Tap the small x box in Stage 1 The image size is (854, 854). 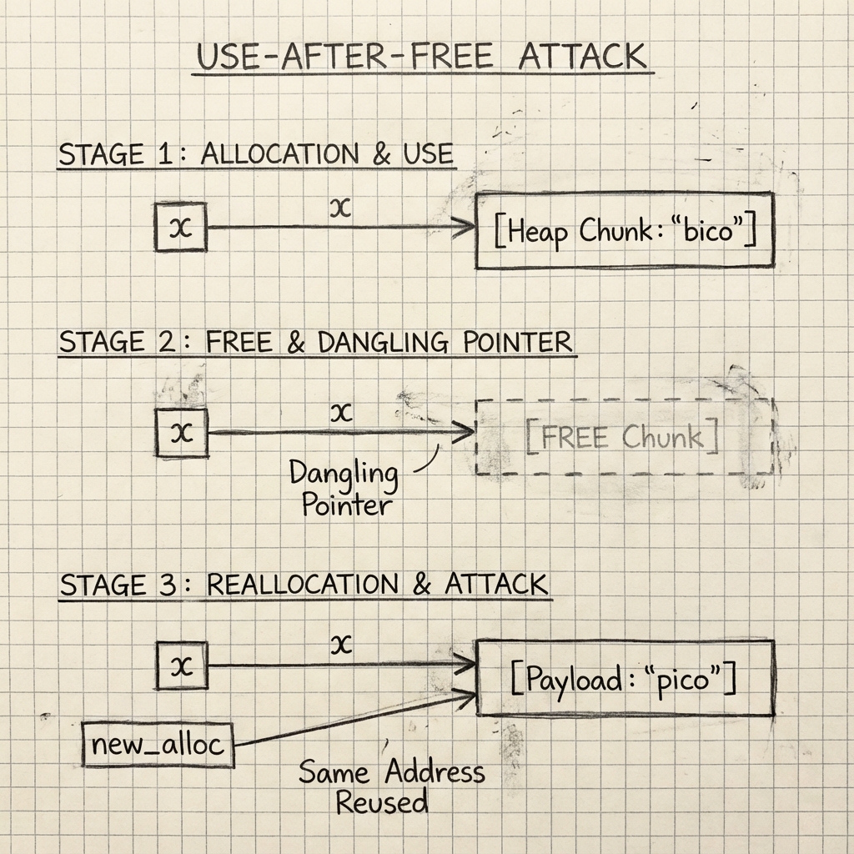click(x=180, y=227)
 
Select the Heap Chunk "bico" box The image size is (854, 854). click(x=625, y=231)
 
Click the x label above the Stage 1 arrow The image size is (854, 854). click(x=340, y=207)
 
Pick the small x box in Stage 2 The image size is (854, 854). click(x=182, y=432)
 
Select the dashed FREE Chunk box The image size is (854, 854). click(x=624, y=437)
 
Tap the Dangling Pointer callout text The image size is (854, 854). click(x=344, y=488)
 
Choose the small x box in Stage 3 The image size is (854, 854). click(x=182, y=666)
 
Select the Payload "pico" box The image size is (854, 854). click(x=625, y=678)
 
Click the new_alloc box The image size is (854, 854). click(x=158, y=745)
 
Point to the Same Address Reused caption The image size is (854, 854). click(x=390, y=786)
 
